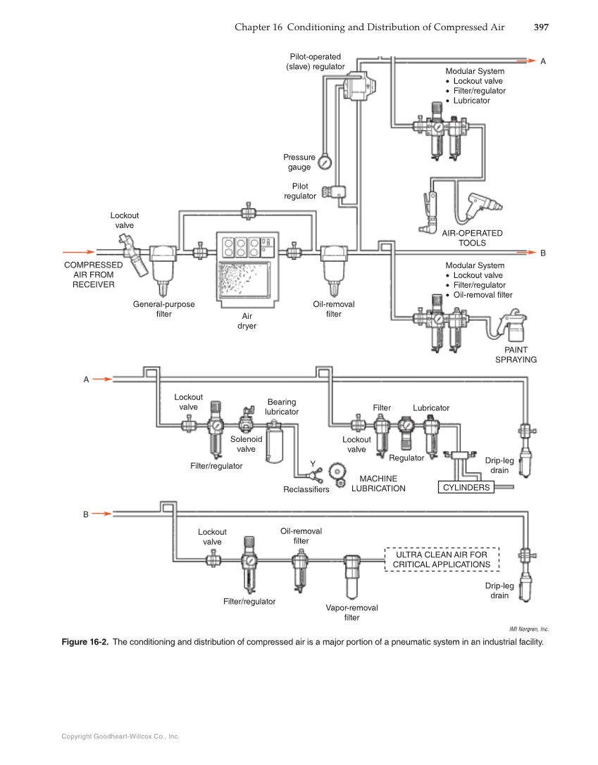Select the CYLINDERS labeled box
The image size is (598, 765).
click(466, 487)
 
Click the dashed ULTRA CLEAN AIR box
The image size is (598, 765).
click(441, 559)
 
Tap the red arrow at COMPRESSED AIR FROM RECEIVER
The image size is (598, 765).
click(77, 251)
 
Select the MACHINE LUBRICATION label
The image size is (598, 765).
click(378, 483)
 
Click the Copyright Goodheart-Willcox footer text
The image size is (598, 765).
click(120, 736)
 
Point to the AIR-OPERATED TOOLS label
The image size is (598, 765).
click(472, 238)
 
